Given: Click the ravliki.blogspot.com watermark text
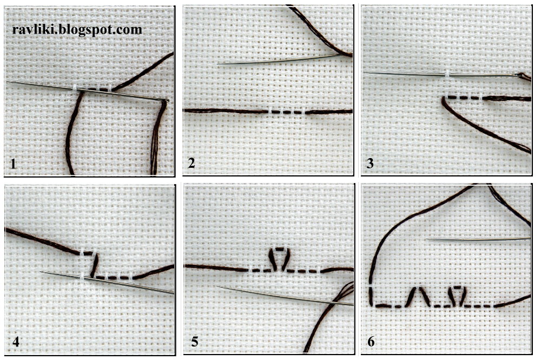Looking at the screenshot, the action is click(77, 29).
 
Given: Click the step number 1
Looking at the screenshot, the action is click(13, 163).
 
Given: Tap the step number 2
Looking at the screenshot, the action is click(192, 163).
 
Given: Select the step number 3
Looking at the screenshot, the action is click(370, 163).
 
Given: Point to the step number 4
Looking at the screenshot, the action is click(16, 342).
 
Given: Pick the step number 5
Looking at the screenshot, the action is click(195, 342).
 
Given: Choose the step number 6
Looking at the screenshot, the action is click(371, 342).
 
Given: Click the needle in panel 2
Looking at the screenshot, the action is click(280, 59).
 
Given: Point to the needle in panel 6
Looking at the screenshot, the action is click(478, 239).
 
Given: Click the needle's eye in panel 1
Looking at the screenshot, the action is click(166, 101).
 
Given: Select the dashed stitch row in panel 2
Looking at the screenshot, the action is click(287, 112).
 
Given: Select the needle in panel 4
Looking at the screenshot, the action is click(107, 283).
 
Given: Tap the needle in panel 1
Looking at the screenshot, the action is click(88, 91).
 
